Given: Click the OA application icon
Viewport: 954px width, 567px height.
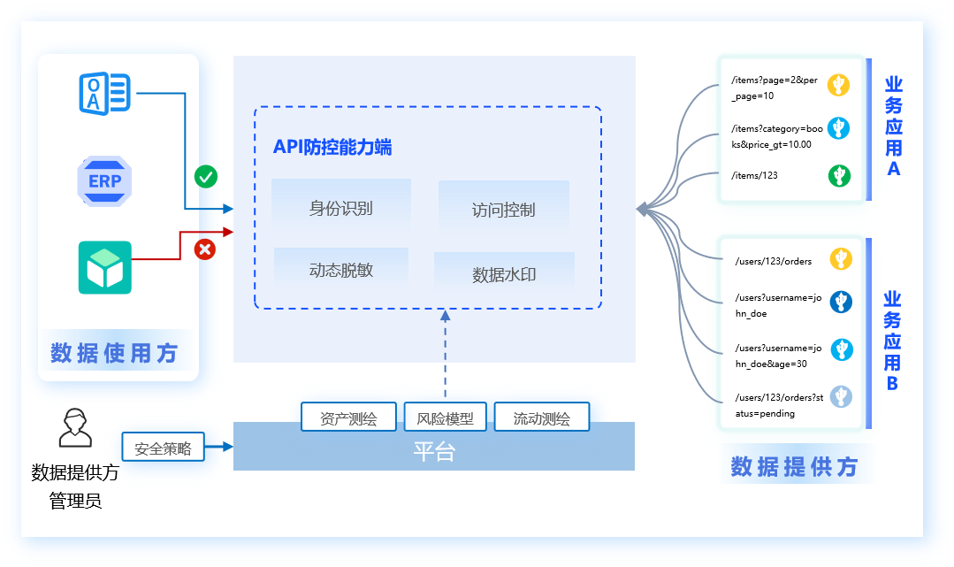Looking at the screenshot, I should coord(104,92).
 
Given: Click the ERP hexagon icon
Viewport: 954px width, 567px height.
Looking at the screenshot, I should coord(104,180).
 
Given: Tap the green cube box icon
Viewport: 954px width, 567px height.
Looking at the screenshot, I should coord(104,267).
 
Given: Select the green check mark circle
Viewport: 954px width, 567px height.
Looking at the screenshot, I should coord(206,176).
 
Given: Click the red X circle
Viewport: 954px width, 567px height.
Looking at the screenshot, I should coord(205,249).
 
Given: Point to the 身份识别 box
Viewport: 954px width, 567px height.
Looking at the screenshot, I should coord(341,208).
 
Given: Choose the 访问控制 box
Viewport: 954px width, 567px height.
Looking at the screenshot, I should coord(503,210).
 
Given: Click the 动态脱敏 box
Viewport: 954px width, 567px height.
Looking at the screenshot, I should coord(341,270).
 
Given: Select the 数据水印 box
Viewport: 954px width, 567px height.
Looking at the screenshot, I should coord(504,274).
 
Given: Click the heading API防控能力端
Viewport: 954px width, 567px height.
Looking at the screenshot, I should coord(332,147).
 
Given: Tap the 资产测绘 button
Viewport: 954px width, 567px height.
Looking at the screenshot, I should coord(348,418).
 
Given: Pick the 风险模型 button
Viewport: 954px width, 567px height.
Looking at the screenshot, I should coord(446,418).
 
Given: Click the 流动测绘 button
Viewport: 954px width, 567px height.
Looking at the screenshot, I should coord(541,418).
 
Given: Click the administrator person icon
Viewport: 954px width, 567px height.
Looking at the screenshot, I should coord(74,429).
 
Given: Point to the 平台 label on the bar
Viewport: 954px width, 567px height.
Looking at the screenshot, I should coord(434,451).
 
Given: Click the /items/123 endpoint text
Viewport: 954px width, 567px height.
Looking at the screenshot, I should coord(754,175).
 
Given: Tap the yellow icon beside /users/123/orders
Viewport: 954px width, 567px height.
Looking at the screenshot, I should coord(840,259).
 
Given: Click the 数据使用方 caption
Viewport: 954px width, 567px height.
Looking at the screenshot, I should coord(114,353).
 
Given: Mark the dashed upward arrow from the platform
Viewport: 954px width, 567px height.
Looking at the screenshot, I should coord(445,354).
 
